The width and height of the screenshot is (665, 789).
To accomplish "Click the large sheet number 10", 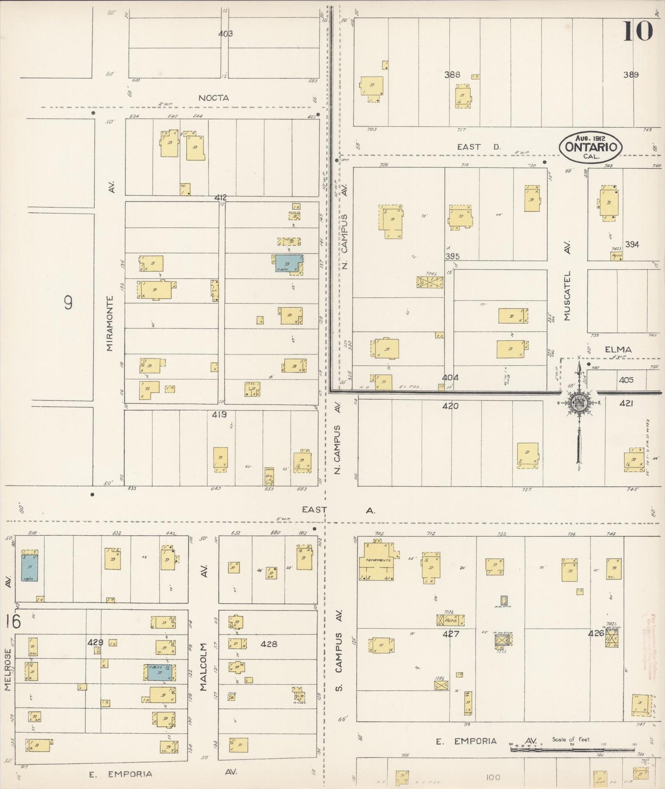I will click(x=638, y=31).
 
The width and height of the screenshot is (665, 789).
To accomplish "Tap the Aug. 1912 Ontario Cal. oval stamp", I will click(x=590, y=147).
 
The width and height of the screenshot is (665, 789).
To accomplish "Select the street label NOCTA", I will click(x=214, y=98).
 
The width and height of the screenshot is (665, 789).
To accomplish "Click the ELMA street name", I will click(x=618, y=349).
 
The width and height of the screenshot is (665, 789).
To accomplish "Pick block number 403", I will click(x=226, y=34).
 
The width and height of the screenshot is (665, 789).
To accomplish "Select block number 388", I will click(x=452, y=75).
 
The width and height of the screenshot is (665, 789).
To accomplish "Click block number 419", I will click(x=219, y=415).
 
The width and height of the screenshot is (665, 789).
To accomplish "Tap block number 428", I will click(x=268, y=644).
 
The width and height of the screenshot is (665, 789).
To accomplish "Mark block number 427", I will click(x=451, y=634).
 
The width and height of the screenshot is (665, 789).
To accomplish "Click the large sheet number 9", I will click(x=68, y=302).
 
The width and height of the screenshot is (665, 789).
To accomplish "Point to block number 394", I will click(x=632, y=244).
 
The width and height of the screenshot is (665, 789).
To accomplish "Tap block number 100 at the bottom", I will click(x=492, y=777).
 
